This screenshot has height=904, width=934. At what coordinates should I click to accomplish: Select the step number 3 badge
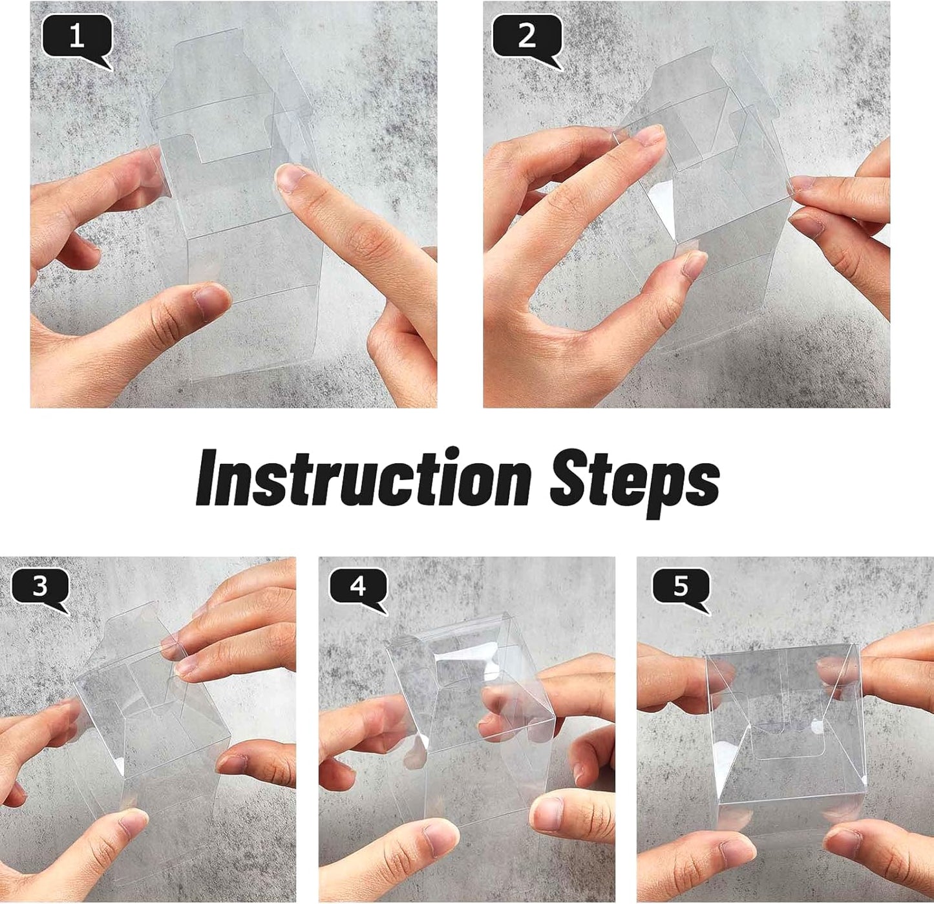40,587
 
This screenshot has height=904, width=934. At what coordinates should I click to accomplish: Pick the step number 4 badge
357,587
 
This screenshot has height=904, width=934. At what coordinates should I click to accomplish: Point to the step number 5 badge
681,587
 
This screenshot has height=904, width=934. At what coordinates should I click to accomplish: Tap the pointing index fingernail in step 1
291,178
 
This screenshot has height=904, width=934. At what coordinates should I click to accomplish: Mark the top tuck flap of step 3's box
133,624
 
